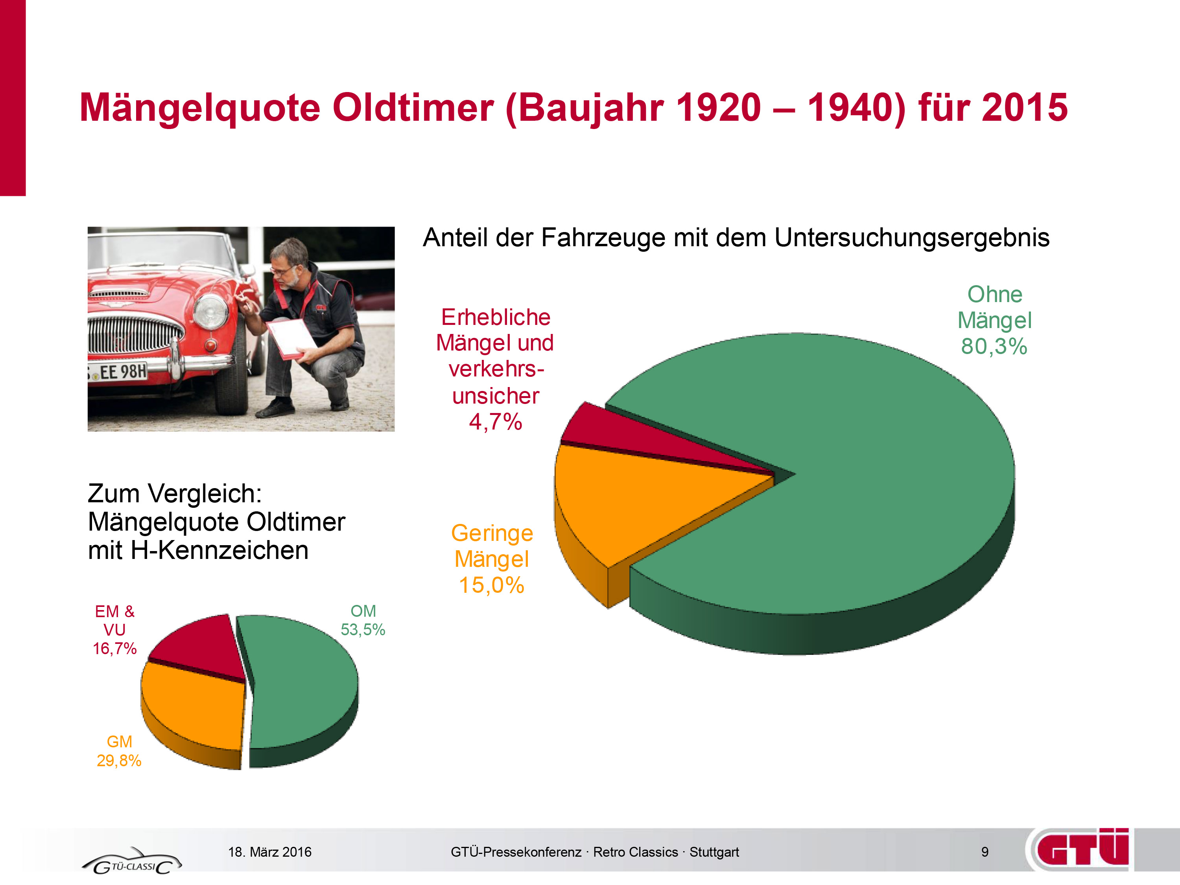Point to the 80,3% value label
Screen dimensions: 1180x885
(994, 347)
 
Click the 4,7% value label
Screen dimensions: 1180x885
(496, 422)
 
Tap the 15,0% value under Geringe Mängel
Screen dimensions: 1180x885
(492, 585)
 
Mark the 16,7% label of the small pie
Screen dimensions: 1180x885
(115, 649)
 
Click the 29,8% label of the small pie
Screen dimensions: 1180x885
(119, 761)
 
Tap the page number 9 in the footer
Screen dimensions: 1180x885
(985, 852)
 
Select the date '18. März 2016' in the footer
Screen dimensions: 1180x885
(270, 852)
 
